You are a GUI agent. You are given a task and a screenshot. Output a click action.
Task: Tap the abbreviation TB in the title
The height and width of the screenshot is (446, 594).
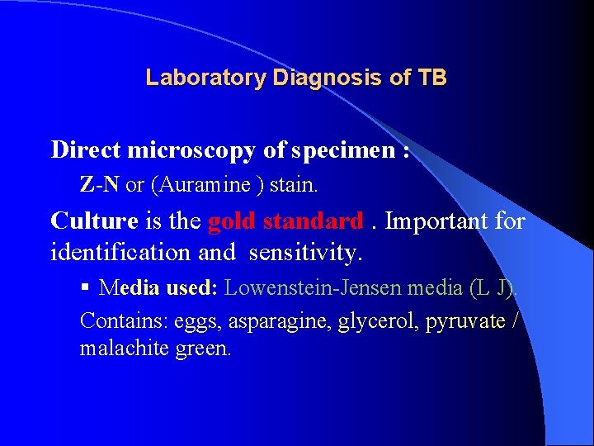point(432,78)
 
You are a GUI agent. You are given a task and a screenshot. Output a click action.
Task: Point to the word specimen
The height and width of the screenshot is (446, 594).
point(338,150)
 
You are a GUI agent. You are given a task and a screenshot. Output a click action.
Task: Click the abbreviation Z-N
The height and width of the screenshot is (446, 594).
point(99,184)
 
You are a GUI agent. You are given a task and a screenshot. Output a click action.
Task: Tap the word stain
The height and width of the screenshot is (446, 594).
point(293,184)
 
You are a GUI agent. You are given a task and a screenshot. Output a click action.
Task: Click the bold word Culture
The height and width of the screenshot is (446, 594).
point(94,221)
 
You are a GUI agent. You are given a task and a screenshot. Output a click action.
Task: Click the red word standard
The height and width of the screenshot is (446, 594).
point(313,221)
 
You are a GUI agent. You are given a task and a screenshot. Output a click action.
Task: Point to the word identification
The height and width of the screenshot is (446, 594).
point(112,251)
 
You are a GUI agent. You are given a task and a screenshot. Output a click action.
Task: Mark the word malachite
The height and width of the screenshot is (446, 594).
point(125,349)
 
